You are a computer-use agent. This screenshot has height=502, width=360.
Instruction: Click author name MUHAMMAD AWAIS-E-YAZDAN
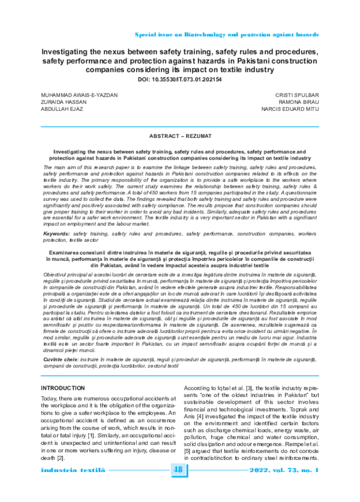coord(79,95)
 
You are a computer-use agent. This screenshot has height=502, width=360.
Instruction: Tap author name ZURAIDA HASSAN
coord(64,103)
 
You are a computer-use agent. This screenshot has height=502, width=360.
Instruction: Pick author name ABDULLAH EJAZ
coord(62,110)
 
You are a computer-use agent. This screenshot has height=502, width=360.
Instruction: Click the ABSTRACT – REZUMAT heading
coord(179,137)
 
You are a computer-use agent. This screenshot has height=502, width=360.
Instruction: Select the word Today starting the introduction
coord(48,382)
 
